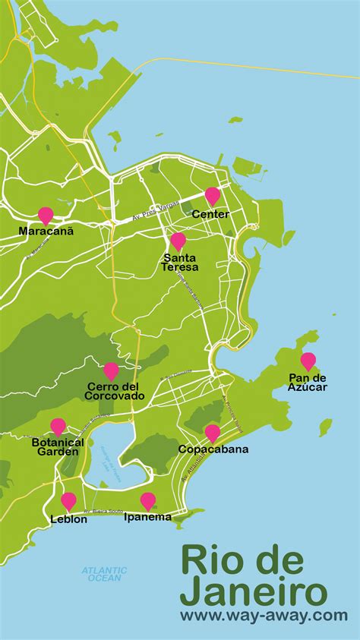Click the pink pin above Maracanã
coord(46,216)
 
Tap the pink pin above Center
coord(213,196)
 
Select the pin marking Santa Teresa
coord(178,241)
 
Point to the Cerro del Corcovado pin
coord(112,371)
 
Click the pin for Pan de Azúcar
coord(308,361)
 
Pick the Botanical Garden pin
coord(58,427)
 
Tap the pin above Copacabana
coord(213,433)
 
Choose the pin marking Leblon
coord(69,501)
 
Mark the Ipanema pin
coord(148,501)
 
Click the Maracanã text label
coord(46,231)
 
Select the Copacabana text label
coord(213,449)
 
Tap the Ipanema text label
coord(148,518)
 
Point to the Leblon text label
coord(69,519)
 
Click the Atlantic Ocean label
coord(104,574)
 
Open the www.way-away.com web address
coord(264,616)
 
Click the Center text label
coord(210,214)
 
